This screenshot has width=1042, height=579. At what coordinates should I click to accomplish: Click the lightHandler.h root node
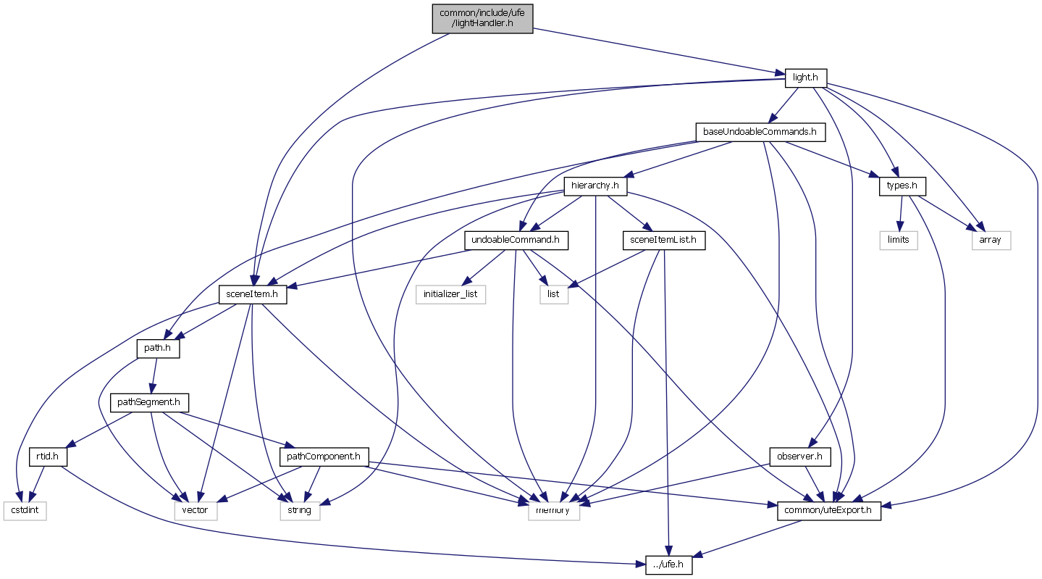482,18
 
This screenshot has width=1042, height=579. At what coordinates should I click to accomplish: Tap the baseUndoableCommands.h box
760,132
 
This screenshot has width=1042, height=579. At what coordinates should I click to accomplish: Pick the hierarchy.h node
595,186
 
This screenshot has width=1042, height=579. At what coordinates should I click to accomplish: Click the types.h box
902,186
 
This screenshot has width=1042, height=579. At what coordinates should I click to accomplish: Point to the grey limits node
898,240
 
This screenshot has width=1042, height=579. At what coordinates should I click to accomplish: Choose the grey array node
990,240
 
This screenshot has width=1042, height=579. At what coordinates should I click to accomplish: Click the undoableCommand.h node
516,240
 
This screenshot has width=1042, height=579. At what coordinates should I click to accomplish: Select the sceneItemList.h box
664,240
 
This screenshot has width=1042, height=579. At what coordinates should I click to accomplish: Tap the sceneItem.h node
253,294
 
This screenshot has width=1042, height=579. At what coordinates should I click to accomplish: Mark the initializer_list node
450,294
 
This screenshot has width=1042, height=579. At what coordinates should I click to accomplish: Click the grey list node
553,294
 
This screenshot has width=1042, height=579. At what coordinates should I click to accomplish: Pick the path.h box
158,349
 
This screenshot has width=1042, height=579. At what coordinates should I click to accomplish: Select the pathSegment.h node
149,402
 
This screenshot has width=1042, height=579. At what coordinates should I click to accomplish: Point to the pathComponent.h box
324,457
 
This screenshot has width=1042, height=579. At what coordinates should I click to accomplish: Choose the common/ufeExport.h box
828,511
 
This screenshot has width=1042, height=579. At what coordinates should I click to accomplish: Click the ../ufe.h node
668,565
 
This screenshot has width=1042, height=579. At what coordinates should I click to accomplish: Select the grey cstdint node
24,511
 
